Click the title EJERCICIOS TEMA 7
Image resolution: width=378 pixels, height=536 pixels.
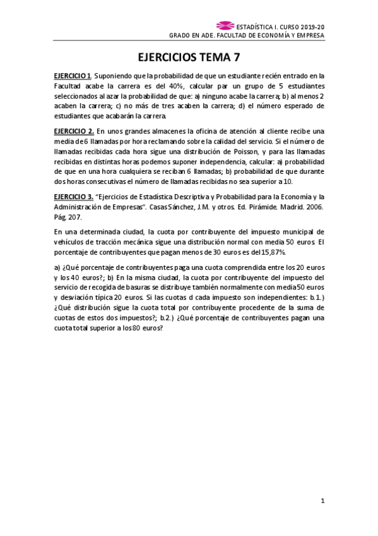point(189,56)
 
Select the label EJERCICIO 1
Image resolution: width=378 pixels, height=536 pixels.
point(73,76)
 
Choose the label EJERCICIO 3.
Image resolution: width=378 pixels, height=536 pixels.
point(74,197)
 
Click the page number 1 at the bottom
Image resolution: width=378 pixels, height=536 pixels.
point(322,502)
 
